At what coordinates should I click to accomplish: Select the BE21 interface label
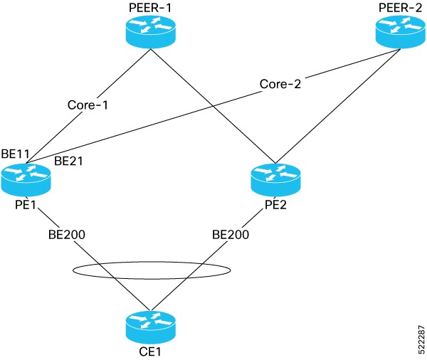pyautogui.click(x=68, y=162)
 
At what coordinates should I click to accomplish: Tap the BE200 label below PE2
pyautogui.click(x=231, y=233)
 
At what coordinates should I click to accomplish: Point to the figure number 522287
pyautogui.click(x=418, y=334)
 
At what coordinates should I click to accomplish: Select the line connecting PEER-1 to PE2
pyautogui.click(x=213, y=107)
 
